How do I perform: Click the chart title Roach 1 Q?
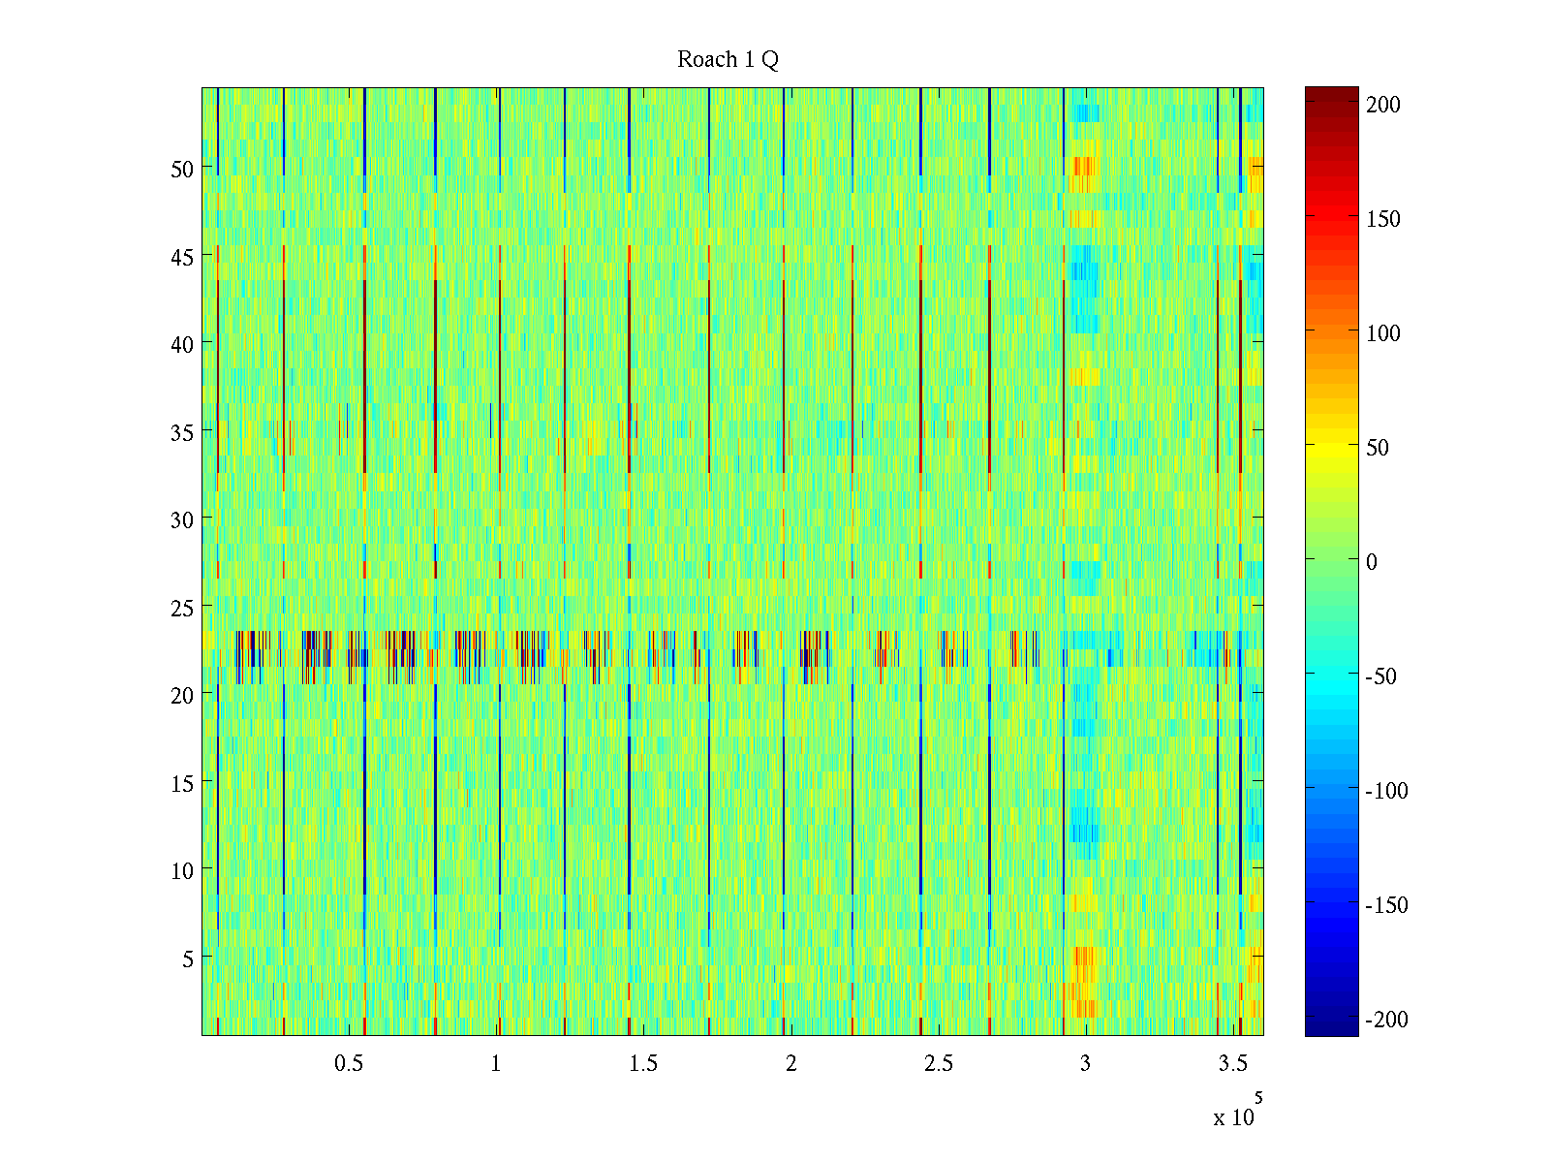click(728, 60)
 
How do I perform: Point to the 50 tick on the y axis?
click(182, 169)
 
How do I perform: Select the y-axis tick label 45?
click(182, 257)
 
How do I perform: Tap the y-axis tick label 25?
click(182, 608)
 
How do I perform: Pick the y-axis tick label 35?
click(182, 432)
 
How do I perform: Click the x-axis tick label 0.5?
click(349, 1064)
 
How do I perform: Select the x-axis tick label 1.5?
click(643, 1064)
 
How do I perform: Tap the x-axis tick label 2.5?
click(938, 1064)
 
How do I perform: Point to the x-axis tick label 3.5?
click(1232, 1064)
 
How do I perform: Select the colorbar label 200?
click(1383, 105)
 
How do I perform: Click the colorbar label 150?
click(1383, 219)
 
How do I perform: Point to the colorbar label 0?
click(1371, 562)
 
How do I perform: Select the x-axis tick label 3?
click(1085, 1064)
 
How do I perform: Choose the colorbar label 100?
click(1383, 333)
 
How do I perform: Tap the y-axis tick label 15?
click(182, 783)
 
